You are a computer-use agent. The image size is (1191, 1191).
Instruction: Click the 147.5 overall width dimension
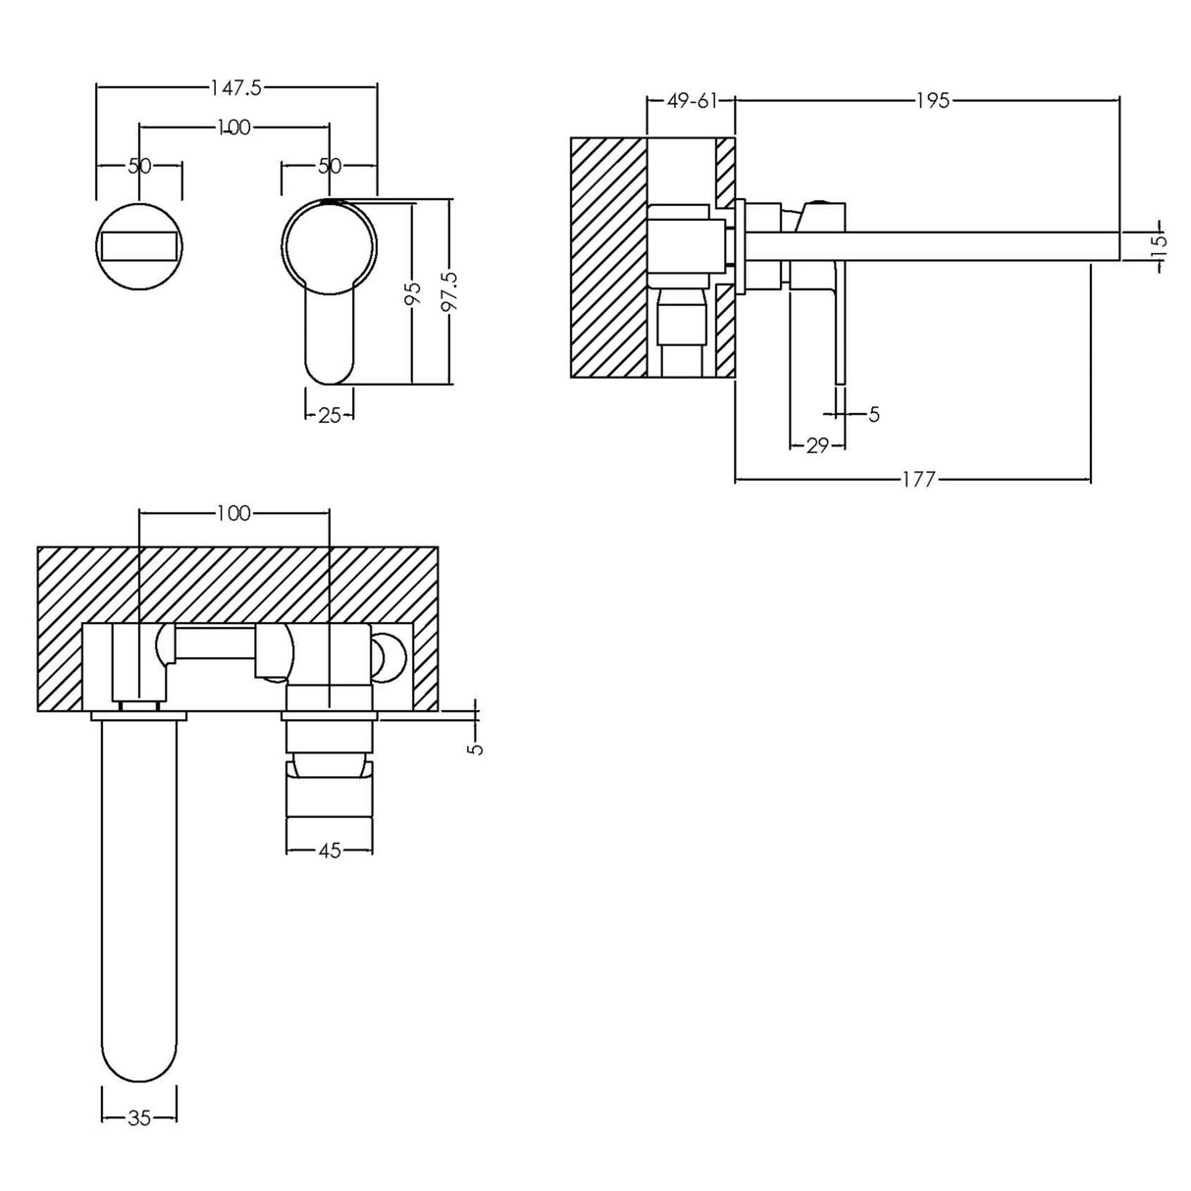[x=235, y=87]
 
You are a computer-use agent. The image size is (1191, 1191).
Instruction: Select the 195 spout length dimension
[x=933, y=100]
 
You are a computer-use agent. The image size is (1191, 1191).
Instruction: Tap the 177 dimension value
[x=919, y=479]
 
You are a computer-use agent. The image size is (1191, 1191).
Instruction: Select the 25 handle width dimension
[x=330, y=415]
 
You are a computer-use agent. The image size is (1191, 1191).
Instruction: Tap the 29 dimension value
[x=816, y=445]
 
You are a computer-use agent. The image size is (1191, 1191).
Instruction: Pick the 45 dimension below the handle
[x=329, y=851]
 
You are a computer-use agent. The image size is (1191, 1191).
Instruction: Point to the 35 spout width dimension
[x=139, y=1117]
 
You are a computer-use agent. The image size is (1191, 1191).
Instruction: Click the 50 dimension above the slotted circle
[x=139, y=166]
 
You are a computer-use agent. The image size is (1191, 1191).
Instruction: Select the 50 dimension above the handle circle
[x=330, y=166]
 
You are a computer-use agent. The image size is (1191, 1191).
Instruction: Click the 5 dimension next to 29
[x=873, y=415]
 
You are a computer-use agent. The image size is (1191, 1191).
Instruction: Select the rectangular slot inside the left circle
[x=139, y=244]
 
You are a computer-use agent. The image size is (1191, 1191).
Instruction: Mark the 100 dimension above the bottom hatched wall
[x=233, y=513]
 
